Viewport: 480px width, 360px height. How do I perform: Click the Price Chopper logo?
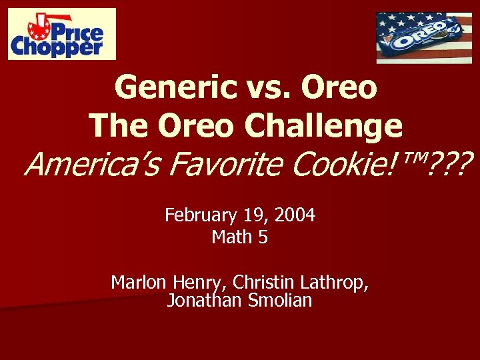click(x=62, y=34)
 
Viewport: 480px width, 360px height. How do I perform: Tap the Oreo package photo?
click(x=423, y=38)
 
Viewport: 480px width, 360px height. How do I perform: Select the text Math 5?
click(x=240, y=237)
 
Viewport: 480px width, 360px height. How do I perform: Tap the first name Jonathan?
click(x=203, y=301)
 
